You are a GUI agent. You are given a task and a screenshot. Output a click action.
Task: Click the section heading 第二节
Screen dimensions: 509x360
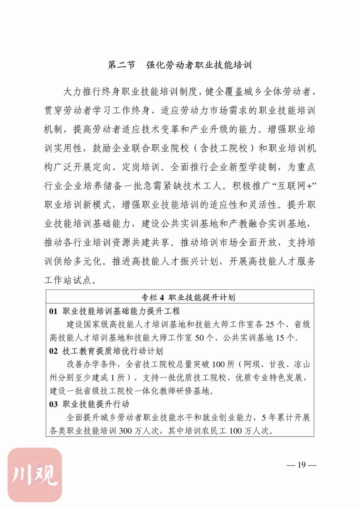pos(121,65)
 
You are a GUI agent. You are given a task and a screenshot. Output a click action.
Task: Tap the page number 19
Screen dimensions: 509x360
pos(302,465)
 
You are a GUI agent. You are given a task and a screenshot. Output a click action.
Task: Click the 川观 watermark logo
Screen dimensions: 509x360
pos(35,474)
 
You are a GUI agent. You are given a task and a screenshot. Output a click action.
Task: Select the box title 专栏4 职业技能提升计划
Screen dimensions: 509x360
pos(188,298)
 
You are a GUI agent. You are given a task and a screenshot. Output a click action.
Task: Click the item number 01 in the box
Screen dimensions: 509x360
pos(53,311)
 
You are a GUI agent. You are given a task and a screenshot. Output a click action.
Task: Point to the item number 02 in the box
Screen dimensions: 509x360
pos(53,351)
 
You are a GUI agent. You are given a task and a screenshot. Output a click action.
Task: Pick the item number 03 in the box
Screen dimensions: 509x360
pos(53,404)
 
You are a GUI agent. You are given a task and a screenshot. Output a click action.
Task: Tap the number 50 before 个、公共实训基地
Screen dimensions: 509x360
pos(199,338)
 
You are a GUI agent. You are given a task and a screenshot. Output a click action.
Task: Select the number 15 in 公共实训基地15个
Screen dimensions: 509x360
pos(280,338)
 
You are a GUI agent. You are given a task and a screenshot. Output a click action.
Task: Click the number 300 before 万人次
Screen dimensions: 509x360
pos(125,431)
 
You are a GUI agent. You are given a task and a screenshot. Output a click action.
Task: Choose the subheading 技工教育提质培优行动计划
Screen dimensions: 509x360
pos(112,351)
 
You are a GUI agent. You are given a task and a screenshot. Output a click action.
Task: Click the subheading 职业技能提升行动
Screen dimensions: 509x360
pos(96,404)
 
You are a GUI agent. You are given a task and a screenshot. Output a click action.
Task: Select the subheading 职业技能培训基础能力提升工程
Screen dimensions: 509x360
pos(121,311)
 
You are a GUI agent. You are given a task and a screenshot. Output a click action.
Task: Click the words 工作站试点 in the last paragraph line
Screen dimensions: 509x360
pos(68,280)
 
